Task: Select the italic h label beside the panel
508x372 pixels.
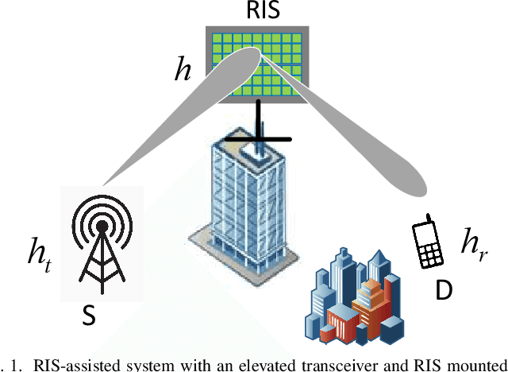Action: click(x=183, y=71)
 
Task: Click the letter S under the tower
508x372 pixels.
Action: click(x=90, y=317)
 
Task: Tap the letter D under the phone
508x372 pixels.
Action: click(x=444, y=291)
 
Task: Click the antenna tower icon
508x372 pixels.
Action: click(x=102, y=239)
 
